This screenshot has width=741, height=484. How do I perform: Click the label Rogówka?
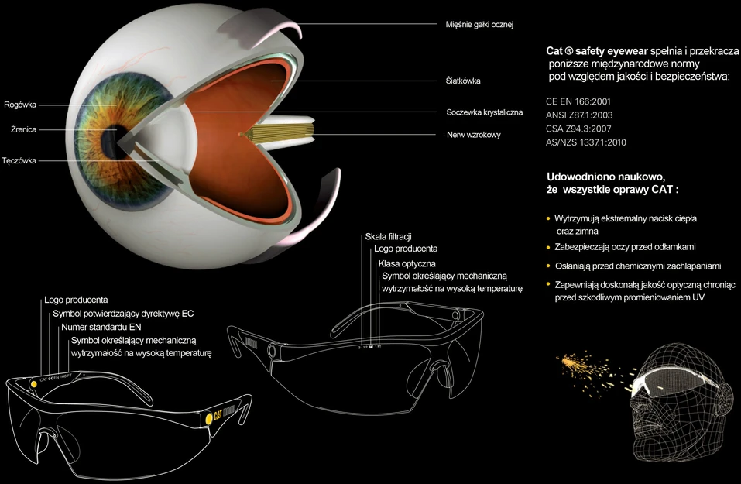[20, 105]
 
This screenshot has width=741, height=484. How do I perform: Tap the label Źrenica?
[24, 129]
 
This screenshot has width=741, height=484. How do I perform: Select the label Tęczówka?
[19, 161]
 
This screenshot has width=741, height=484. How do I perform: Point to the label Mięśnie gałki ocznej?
[479, 25]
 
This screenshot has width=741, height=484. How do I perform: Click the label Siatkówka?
[463, 81]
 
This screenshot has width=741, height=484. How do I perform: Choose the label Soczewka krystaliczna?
[485, 112]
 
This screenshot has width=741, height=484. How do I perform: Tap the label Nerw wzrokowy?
[474, 135]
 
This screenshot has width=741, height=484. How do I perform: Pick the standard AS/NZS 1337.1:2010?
[586, 142]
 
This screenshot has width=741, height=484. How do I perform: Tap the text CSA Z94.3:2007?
[578, 129]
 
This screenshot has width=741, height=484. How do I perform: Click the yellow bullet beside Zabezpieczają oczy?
[548, 247]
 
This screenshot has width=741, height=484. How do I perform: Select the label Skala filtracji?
[388, 237]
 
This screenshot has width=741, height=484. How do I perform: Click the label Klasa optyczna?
[407, 264]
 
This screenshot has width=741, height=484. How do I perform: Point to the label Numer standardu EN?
[101, 327]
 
